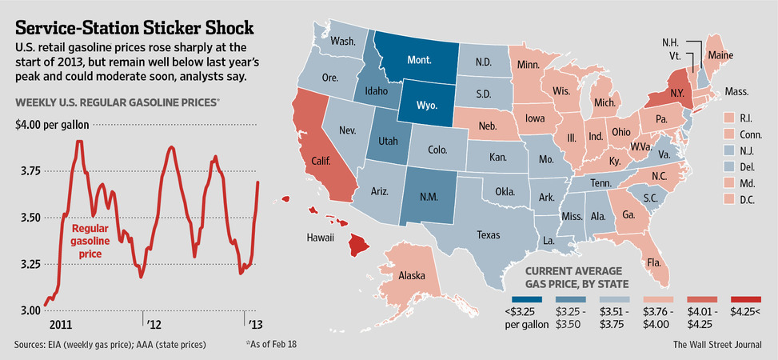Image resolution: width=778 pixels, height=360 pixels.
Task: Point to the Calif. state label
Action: [x=321, y=159]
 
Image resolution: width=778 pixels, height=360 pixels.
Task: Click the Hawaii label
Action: [x=322, y=238]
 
